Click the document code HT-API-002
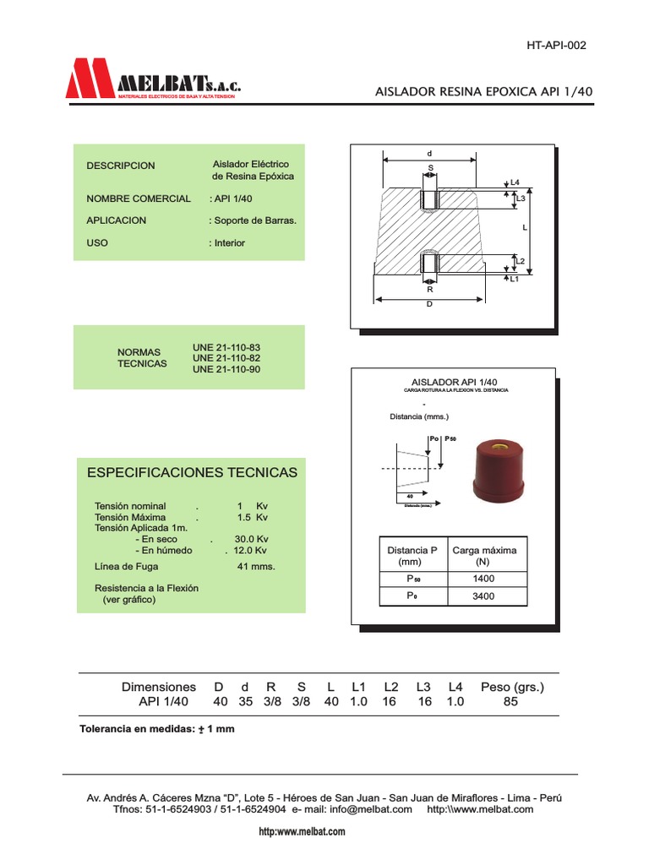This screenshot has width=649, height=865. pyautogui.click(x=555, y=45)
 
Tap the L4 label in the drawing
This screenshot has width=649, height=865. pyautogui.click(x=515, y=182)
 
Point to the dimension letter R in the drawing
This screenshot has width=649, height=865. pyautogui.click(x=429, y=290)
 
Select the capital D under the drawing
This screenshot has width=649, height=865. pyautogui.click(x=429, y=304)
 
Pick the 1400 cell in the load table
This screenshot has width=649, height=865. pyautogui.click(x=484, y=579)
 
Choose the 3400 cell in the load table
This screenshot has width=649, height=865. pyautogui.click(x=484, y=596)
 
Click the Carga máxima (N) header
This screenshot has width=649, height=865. pyautogui.click(x=484, y=555)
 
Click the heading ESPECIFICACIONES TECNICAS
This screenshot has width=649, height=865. pyautogui.click(x=193, y=472)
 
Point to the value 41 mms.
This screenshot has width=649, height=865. pyautogui.click(x=256, y=567)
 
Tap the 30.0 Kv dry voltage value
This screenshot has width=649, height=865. pyautogui.click(x=251, y=539)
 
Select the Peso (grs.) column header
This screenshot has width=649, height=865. pyautogui.click(x=512, y=687)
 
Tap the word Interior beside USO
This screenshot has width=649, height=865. pyautogui.click(x=228, y=243)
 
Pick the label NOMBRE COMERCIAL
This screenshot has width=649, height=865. pyautogui.click(x=139, y=199)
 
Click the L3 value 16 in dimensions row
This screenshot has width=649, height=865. pyautogui.click(x=424, y=702)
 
